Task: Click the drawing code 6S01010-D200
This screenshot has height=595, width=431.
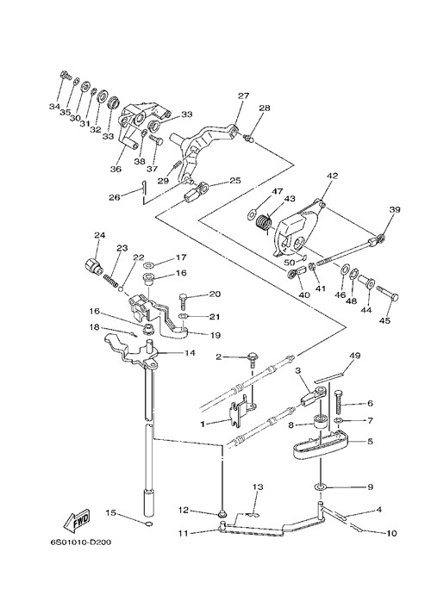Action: (80, 542)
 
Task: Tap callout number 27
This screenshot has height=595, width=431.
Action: (243, 96)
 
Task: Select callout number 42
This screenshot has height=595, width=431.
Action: (332, 176)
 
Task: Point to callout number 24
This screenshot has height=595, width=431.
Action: (99, 235)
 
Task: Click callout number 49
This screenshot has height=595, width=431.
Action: (355, 356)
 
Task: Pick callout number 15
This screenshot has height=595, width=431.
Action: (110, 512)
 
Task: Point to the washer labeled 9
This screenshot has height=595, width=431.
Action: (321, 487)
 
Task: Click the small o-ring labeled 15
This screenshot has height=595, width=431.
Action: (148, 524)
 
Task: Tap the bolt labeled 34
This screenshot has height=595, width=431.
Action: (66, 75)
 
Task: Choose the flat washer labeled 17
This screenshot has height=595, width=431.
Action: (148, 264)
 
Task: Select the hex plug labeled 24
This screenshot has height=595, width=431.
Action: (92, 265)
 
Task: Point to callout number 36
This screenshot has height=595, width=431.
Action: (116, 169)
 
